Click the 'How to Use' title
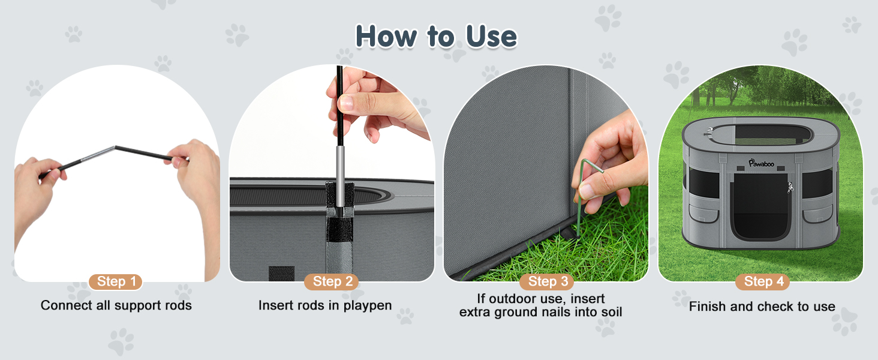click(436, 37)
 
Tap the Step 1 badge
click(116, 281)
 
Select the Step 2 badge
click(331, 281)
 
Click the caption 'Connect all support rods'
click(116, 305)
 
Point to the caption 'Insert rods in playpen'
click(324, 305)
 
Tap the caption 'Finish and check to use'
click(762, 307)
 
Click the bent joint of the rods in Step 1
click(114, 147)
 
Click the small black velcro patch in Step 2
click(281, 273)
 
